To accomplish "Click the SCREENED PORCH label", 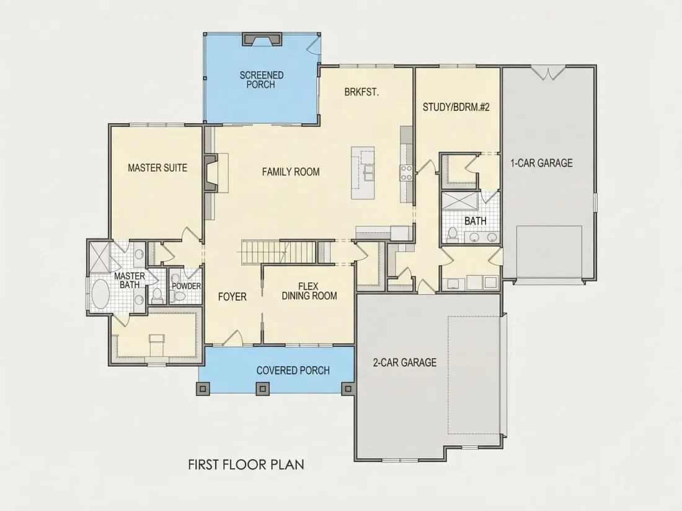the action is click(x=262, y=80).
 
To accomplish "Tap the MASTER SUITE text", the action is click(x=157, y=168).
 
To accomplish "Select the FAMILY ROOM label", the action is click(x=291, y=172).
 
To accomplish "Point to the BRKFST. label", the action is click(x=361, y=92).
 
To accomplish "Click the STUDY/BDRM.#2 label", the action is click(x=456, y=107).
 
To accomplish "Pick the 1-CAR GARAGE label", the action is click(x=541, y=163).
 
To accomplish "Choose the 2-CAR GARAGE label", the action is click(x=404, y=362).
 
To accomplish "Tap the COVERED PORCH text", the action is click(x=293, y=370).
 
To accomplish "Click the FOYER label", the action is click(x=232, y=297).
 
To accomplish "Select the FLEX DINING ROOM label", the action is click(x=309, y=291).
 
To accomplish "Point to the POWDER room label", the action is click(x=186, y=286).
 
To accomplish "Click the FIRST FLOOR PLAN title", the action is click(x=246, y=465).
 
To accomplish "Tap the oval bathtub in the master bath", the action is click(x=102, y=294).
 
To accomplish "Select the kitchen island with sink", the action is click(x=363, y=173).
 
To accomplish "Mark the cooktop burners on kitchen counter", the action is click(x=406, y=173).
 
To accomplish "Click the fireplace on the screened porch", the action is click(x=262, y=38).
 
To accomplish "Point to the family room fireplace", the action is click(x=211, y=173).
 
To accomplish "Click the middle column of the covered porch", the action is click(x=262, y=388).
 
